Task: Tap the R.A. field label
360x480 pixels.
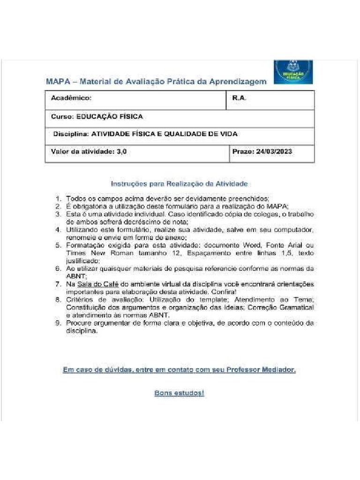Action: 239,98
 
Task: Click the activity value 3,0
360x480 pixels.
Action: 121,152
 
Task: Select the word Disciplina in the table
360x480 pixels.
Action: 71,134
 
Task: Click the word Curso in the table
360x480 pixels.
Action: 61,116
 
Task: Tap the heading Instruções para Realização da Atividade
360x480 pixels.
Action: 179,184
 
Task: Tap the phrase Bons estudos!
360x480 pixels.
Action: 179,393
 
